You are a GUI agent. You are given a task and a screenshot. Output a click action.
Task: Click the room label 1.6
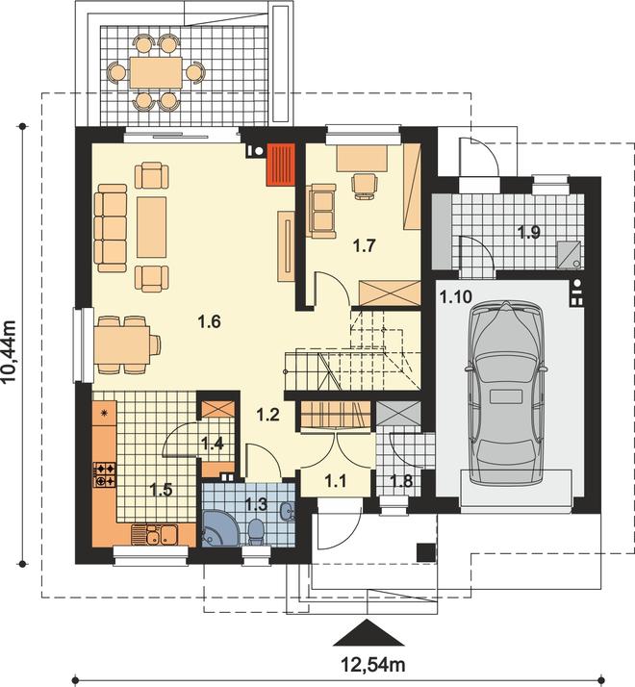(209, 322)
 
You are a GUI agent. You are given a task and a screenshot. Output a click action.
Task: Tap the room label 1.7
(365, 245)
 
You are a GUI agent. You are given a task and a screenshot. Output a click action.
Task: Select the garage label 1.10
(456, 297)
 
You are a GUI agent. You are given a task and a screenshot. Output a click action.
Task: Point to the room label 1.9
(529, 232)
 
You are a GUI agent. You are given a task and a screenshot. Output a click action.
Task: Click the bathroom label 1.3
(256, 504)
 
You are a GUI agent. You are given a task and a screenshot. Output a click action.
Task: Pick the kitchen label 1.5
(161, 490)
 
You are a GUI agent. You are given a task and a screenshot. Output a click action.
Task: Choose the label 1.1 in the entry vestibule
(335, 481)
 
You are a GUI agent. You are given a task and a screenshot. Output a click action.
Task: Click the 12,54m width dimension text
(373, 665)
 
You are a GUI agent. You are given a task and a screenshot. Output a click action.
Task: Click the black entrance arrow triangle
(368, 633)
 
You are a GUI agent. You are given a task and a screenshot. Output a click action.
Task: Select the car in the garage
(506, 393)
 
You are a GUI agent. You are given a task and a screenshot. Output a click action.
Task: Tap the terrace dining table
(156, 72)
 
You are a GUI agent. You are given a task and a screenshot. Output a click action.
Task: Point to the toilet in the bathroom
(255, 531)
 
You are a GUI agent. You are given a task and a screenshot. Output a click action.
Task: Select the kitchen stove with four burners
(105, 475)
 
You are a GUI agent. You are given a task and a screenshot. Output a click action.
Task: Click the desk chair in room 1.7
(365, 187)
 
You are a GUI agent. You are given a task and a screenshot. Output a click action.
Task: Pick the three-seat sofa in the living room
(111, 228)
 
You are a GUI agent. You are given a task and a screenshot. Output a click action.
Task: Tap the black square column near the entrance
(425, 552)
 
